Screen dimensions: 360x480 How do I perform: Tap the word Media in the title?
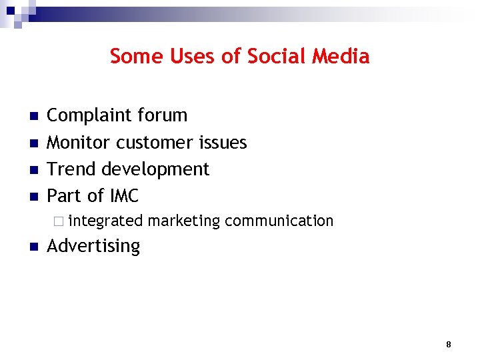click(x=340, y=57)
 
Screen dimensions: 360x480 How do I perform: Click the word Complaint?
click(x=88, y=116)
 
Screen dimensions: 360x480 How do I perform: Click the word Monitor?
click(x=79, y=143)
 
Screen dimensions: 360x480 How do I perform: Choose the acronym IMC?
click(x=124, y=196)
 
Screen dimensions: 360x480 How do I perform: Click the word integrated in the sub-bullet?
click(x=105, y=221)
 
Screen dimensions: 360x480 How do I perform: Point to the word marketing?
click(x=184, y=221)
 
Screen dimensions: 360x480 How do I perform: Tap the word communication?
click(x=279, y=221)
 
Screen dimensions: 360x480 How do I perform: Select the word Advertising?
click(x=93, y=246)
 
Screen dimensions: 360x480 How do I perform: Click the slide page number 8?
click(x=448, y=345)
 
